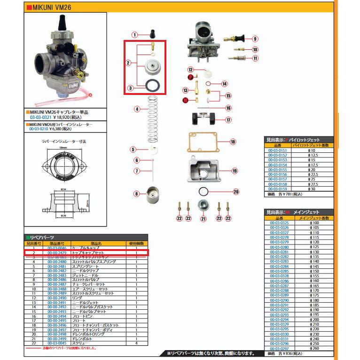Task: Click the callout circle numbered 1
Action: (x=134, y=35)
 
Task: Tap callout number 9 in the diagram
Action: (x=255, y=39)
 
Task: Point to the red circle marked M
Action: (x=185, y=100)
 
